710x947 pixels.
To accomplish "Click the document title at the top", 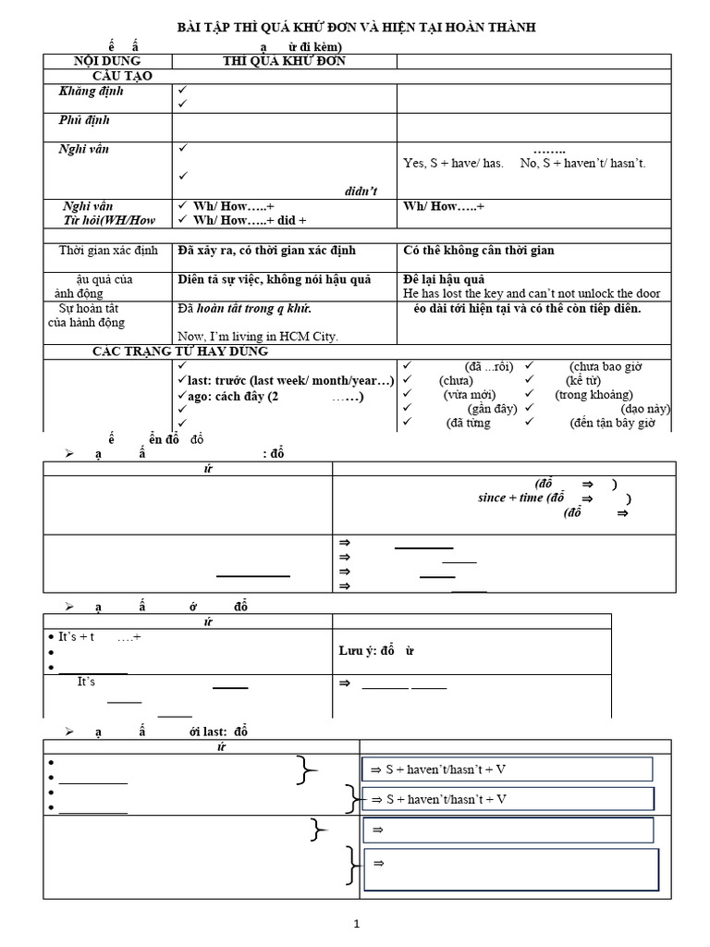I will click(356, 29).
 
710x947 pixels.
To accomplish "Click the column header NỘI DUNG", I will click(106, 61).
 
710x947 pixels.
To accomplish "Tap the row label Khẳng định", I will click(91, 92).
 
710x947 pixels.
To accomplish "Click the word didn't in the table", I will click(361, 190).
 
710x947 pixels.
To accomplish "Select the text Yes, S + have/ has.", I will click(453, 164).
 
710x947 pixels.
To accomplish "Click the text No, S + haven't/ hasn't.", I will click(583, 164).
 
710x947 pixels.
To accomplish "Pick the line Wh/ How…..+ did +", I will click(249, 220).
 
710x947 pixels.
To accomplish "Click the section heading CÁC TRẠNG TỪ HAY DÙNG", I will click(180, 351).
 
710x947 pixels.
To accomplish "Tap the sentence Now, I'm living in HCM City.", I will click(258, 337).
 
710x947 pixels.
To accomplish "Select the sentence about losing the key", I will click(532, 293).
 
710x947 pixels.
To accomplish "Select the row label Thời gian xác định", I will click(109, 251).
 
